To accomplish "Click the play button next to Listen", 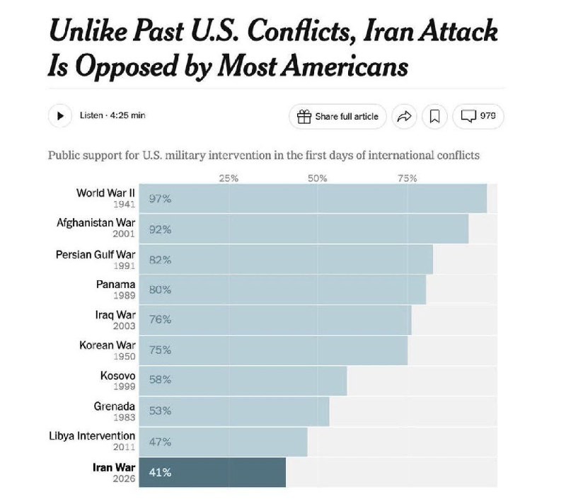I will (60, 116).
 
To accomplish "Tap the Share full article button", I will (337, 117).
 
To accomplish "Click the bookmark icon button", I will (435, 117).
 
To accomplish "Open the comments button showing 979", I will (478, 116).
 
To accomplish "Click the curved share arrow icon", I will (404, 117).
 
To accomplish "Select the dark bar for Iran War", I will (212, 472).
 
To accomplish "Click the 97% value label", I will (161, 199).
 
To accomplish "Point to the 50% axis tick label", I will (318, 178).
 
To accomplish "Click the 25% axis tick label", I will (229, 178).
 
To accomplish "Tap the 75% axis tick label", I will (408, 178).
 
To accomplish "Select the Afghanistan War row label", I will (96, 223).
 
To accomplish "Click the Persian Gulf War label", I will (96, 254).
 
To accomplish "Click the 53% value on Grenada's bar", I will (161, 411).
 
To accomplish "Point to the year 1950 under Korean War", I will (124, 357).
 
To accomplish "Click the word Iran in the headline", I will (388, 32).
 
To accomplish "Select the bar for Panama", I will (282, 290).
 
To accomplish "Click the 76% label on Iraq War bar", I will (161, 320).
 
